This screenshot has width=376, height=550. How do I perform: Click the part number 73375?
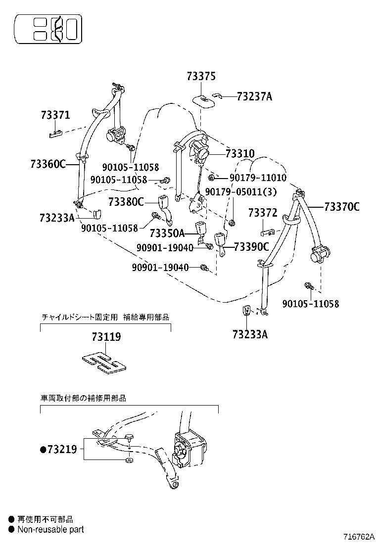201,77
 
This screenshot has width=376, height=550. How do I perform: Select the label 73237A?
254,96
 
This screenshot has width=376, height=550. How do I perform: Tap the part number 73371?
55,116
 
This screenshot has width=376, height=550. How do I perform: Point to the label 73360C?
48,164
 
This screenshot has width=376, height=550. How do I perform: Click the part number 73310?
239,154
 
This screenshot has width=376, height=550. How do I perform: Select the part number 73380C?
126,202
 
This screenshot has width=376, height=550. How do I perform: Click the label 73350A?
167,232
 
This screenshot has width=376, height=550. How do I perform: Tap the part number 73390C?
251,246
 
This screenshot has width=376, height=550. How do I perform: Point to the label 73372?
263,213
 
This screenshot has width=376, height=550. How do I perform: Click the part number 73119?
106,337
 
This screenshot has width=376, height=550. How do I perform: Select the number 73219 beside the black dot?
61,449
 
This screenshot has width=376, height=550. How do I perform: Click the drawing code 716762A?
359,537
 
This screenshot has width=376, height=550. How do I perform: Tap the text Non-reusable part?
50,529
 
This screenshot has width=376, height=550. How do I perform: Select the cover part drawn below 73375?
203,99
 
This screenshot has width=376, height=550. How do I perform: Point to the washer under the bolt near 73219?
129,460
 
